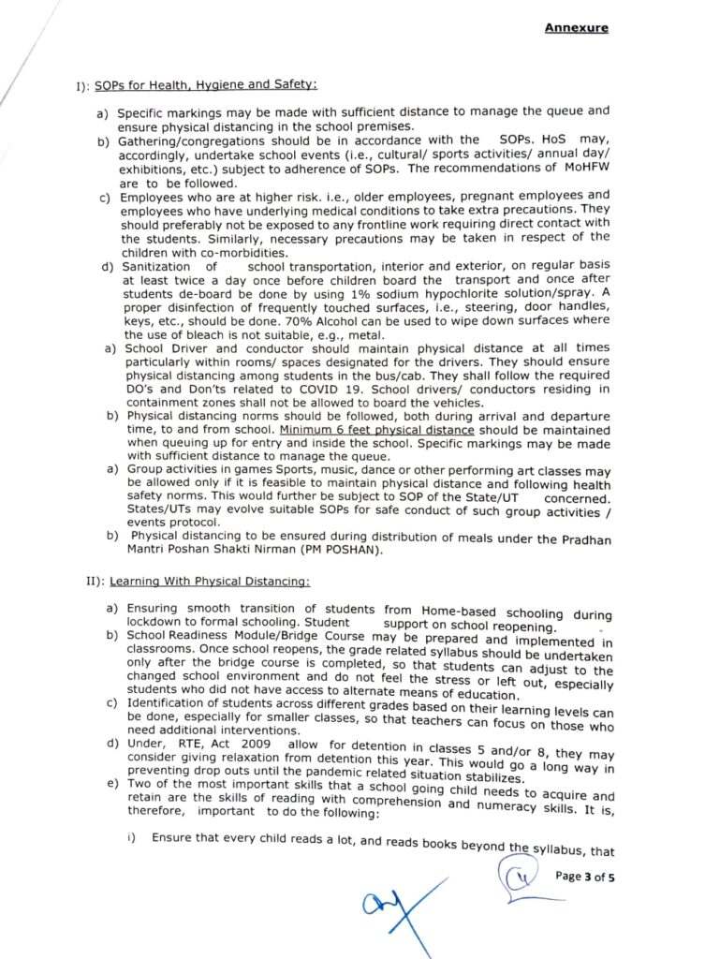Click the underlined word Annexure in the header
[576, 28]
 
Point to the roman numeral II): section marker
[95, 582]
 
